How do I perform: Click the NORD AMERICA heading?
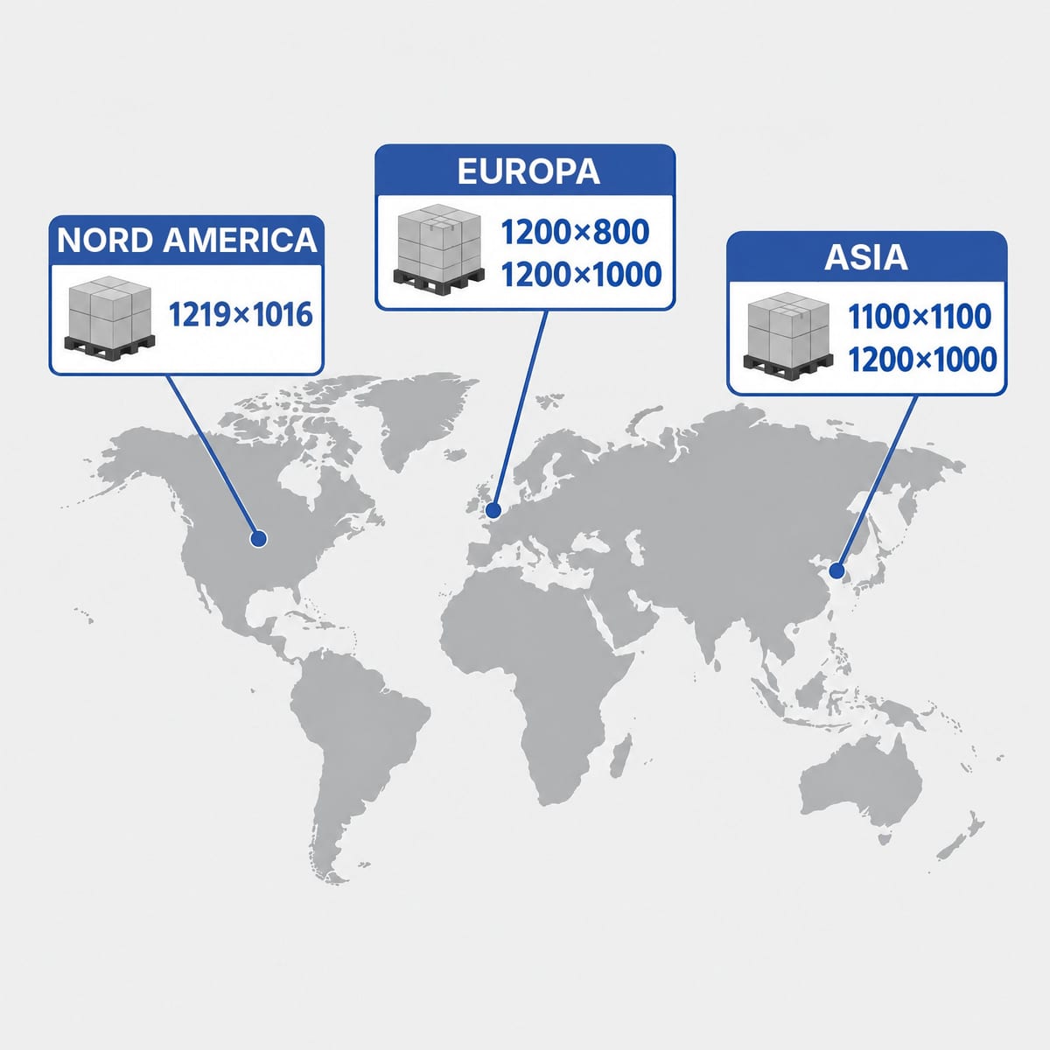coord(187,241)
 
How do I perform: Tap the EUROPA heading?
coord(528,171)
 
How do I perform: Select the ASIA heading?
coord(866,257)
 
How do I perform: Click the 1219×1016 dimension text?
coord(241,315)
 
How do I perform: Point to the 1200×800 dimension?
coord(575,232)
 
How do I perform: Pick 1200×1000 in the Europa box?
coord(581,275)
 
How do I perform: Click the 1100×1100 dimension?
coord(920,317)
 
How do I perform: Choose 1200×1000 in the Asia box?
coord(922,360)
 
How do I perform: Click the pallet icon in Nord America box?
coord(109,317)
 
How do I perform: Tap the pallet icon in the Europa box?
coord(439,250)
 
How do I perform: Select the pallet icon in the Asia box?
coord(787,336)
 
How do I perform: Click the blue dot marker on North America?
coord(258,540)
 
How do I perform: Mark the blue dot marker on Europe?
coord(493,510)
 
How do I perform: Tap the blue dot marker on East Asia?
coord(836,571)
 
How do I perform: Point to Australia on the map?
coord(860,785)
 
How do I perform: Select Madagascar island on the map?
coord(620,755)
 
